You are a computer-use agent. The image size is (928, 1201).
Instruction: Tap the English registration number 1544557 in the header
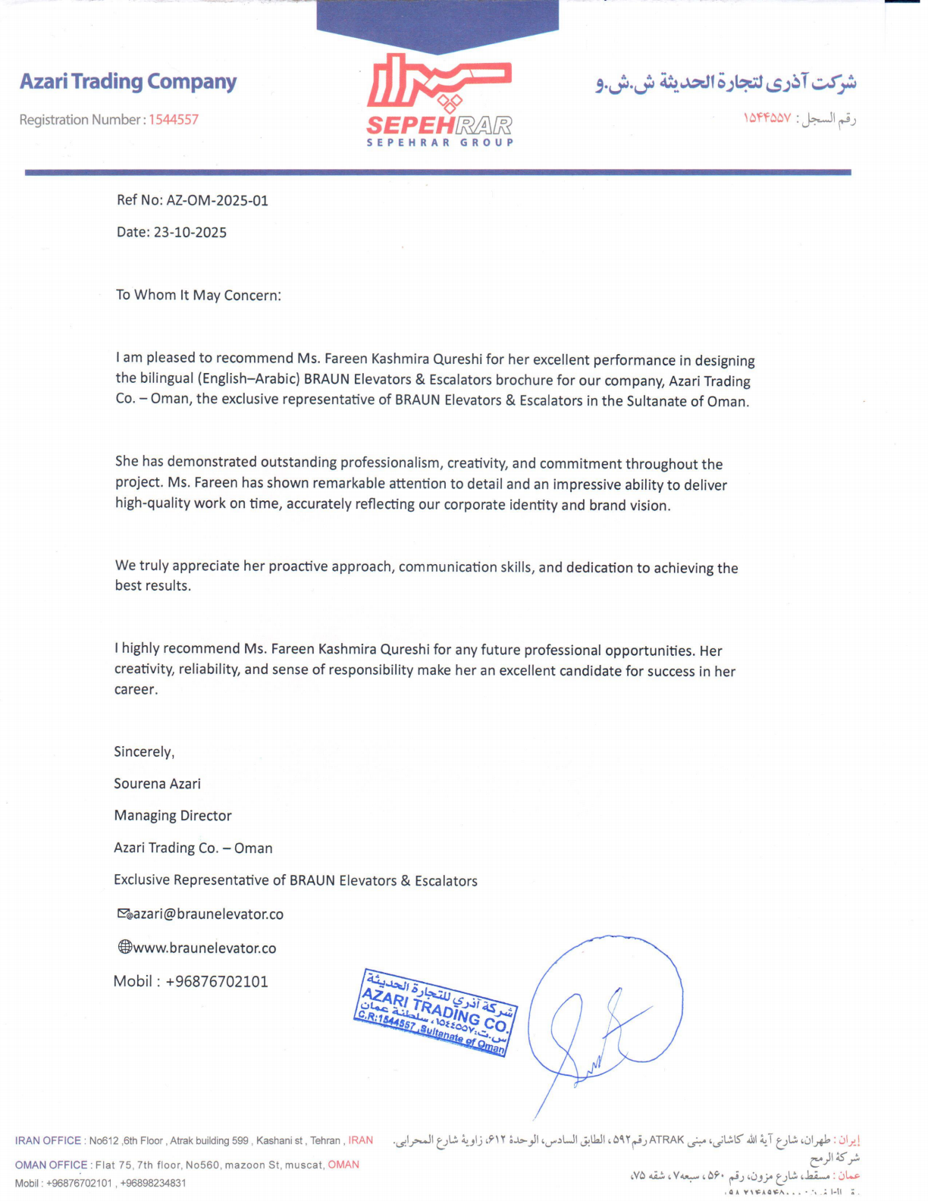click(x=173, y=120)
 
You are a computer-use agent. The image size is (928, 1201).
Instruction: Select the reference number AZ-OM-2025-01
click(x=217, y=201)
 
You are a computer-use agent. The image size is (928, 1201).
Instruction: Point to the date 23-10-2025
click(x=190, y=233)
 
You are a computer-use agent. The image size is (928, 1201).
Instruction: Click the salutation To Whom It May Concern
click(x=198, y=295)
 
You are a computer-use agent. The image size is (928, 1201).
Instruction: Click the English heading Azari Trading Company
click(x=128, y=82)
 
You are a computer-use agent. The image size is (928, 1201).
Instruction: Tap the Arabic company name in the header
click(x=726, y=82)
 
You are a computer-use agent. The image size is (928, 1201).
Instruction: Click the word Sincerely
click(x=144, y=752)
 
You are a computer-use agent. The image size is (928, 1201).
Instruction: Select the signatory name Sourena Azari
click(x=157, y=784)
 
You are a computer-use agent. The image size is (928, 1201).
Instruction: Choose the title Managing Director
click(x=172, y=816)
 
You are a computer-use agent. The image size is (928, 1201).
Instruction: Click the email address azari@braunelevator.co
click(x=208, y=914)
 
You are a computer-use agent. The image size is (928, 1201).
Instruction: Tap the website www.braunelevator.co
click(x=204, y=949)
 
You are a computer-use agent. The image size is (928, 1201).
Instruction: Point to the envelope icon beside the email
click(x=124, y=914)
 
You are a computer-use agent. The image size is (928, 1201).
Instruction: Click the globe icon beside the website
click(x=125, y=947)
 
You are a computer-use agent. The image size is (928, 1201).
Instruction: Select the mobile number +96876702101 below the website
click(x=216, y=982)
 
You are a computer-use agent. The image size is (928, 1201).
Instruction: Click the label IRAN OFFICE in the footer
click(x=48, y=1141)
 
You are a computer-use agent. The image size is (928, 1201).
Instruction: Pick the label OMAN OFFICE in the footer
click(x=51, y=1165)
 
